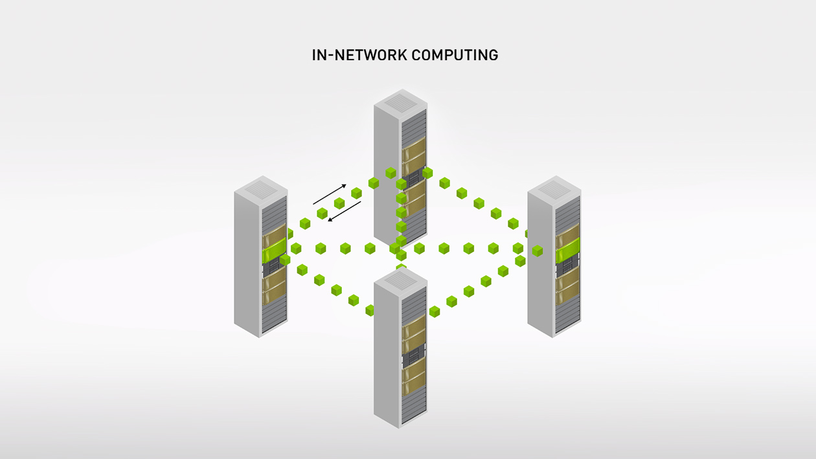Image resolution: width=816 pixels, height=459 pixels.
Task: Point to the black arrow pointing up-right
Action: coord(330,194)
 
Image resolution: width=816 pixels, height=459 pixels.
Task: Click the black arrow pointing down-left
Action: coord(344,211)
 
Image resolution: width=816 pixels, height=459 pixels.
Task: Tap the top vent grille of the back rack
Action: coord(400,102)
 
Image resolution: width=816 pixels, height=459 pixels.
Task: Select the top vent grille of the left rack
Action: coord(260,189)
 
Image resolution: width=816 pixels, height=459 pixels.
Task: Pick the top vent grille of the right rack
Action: coord(554,189)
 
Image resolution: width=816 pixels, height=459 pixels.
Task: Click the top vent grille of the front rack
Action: coord(400,280)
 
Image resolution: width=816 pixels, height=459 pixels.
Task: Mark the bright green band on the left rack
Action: coord(275,249)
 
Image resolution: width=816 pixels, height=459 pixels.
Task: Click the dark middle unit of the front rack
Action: coord(413,355)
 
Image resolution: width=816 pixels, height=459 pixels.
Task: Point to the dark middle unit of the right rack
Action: coord(567,264)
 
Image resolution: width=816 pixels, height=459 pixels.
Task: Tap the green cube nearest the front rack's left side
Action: coord(370,310)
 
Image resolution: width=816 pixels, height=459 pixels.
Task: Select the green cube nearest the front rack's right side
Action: coord(435,311)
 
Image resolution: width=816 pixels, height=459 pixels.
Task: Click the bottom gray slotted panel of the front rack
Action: coord(413,404)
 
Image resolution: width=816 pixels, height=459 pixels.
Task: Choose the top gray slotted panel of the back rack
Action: coord(414,126)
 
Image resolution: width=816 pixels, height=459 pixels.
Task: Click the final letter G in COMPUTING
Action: coord(493,55)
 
